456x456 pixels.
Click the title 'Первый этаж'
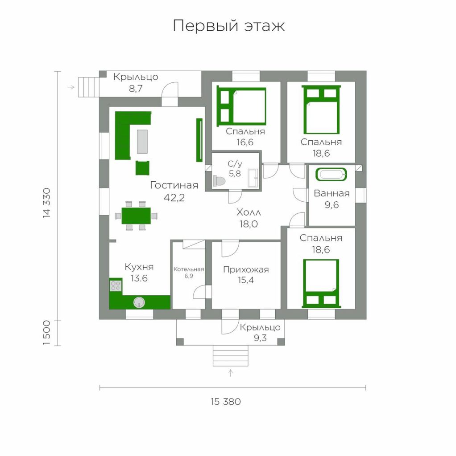pos(229,26)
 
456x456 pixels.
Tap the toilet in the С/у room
pos(219,181)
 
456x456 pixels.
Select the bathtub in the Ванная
pos(331,175)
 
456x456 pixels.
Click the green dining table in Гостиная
pos(136,216)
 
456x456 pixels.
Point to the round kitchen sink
pos(139,302)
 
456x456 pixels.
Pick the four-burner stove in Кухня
pos(116,285)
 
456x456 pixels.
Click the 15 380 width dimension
pos(226,402)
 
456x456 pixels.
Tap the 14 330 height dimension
pos(46,203)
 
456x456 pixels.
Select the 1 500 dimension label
pos(46,333)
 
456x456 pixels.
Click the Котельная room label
pos(189,269)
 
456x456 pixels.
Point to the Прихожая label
pos(246,269)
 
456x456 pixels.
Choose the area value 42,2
pos(174,198)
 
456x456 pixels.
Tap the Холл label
pos(249,212)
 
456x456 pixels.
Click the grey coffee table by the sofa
pos(142,141)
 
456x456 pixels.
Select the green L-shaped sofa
pos(131,135)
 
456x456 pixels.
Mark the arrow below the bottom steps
pos(231,373)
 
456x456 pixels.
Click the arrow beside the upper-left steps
pos(71,87)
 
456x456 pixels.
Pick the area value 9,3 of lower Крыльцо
pos(260,338)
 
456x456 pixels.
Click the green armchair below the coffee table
pos(142,168)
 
